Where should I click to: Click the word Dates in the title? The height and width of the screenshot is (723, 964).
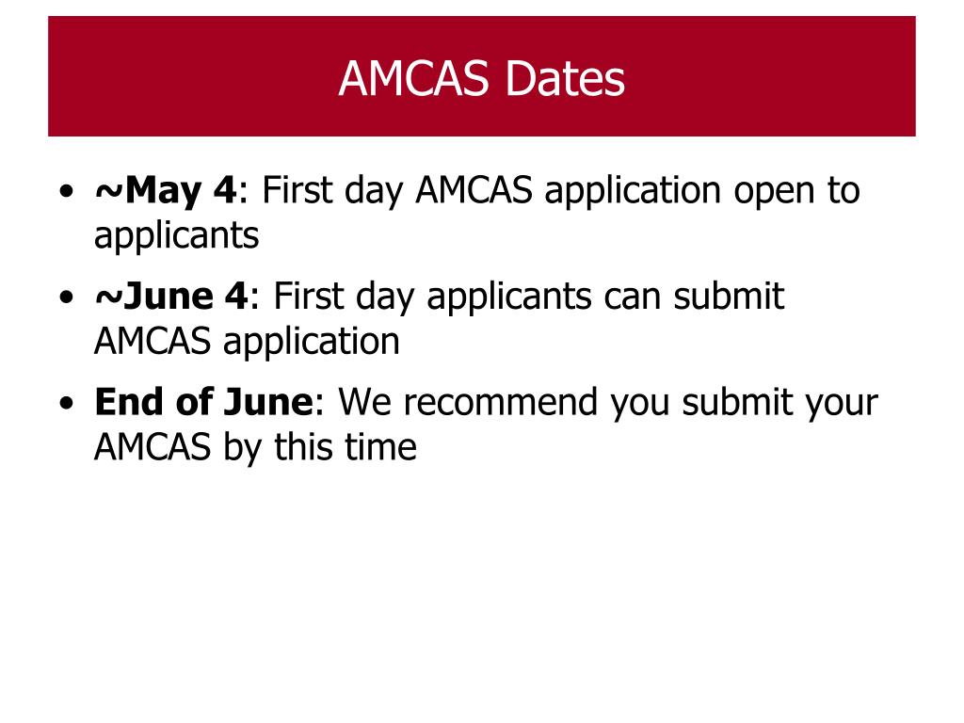tap(565, 80)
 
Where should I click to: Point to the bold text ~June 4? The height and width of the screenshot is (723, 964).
tap(170, 297)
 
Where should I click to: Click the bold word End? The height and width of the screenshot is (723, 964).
tap(130, 402)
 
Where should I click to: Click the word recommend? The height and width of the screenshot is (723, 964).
tap(485, 402)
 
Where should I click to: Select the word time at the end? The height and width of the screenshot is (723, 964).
tap(380, 446)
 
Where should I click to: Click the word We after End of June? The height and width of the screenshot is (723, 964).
tap(363, 402)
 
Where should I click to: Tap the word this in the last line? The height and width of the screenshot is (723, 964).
tap(304, 446)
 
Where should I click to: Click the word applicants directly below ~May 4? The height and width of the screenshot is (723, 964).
tap(176, 235)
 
